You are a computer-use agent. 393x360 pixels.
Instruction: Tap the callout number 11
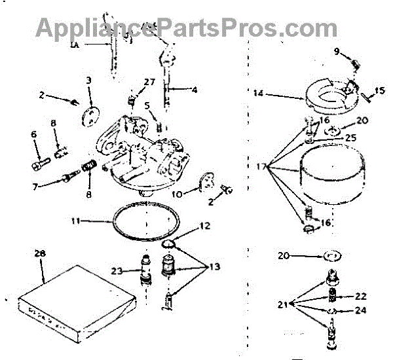[x=76, y=221]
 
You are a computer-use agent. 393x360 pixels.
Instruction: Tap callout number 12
[x=205, y=226]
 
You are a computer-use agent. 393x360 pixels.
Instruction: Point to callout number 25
[x=352, y=138]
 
